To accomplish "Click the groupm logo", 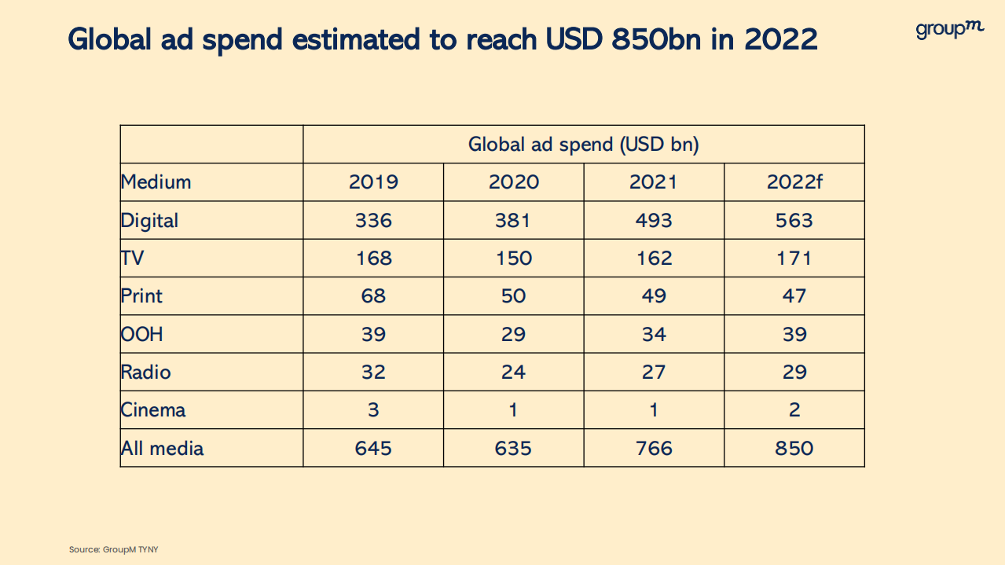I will pyautogui.click(x=949, y=30).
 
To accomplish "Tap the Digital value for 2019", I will pyautogui.click(x=373, y=220).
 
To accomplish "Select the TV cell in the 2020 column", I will pyautogui.click(x=513, y=258).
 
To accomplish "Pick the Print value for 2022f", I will pyautogui.click(x=794, y=296).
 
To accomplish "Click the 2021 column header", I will pyautogui.click(x=653, y=182).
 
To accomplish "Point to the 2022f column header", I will pyautogui.click(x=794, y=182).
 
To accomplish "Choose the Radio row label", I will pyautogui.click(x=146, y=372).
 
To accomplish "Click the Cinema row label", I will pyautogui.click(x=153, y=410).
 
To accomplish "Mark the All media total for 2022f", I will pyautogui.click(x=794, y=448).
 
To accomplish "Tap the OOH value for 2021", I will pyautogui.click(x=653, y=334).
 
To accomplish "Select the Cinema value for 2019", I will pyautogui.click(x=373, y=410).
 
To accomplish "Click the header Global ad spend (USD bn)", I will pyautogui.click(x=584, y=145).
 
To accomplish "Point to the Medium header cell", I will pyautogui.click(x=156, y=182).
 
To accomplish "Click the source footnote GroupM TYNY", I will pyautogui.click(x=114, y=549).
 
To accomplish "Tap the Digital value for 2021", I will pyautogui.click(x=653, y=220).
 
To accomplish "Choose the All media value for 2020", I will pyautogui.click(x=513, y=448).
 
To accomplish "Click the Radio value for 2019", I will pyautogui.click(x=373, y=372).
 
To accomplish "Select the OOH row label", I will pyautogui.click(x=142, y=334).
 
